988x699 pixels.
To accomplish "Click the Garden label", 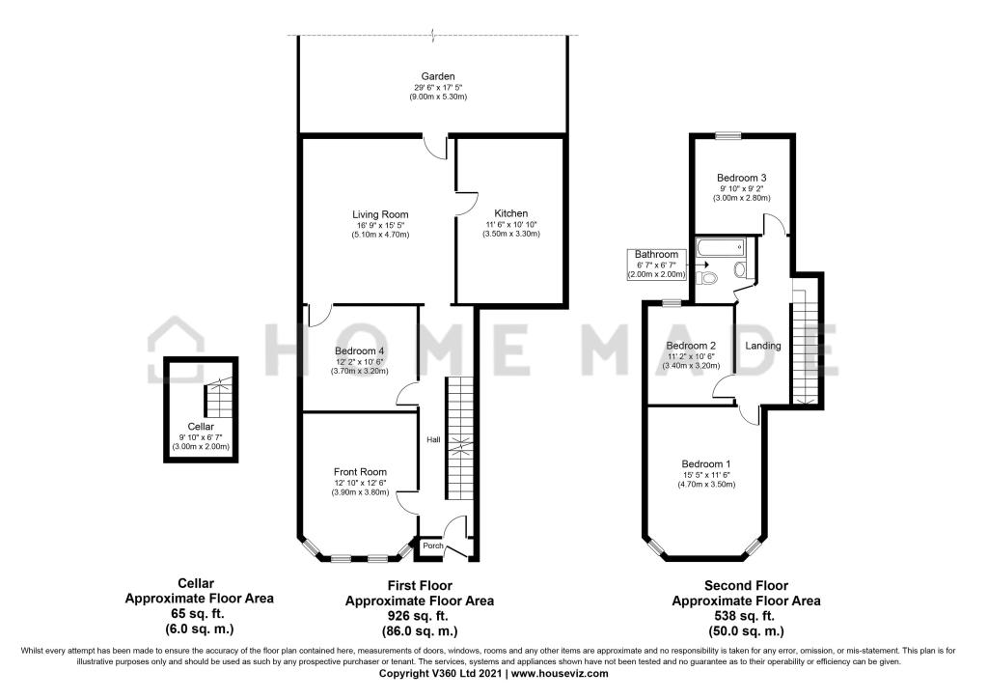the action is click(x=438, y=76).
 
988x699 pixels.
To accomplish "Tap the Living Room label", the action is click(x=380, y=214).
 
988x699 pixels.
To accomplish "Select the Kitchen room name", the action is click(x=511, y=213).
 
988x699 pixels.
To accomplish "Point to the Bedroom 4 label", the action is click(x=360, y=351).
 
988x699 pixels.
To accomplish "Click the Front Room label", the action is click(x=361, y=471).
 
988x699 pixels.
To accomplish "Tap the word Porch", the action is click(x=433, y=545).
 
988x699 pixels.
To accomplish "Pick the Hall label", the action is click(x=433, y=440).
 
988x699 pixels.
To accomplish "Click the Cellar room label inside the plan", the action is click(x=201, y=427).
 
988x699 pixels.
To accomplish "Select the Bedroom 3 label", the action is click(x=742, y=178).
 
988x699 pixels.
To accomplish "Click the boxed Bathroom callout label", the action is click(x=656, y=265).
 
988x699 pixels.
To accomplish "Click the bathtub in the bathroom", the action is click(x=720, y=246).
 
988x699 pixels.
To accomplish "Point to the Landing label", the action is click(x=763, y=346).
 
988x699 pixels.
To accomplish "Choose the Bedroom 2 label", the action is click(x=691, y=346).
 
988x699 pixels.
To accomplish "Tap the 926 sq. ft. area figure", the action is click(x=419, y=616).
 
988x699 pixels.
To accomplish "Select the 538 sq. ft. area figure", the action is click(x=746, y=616).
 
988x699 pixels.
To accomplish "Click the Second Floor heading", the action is click(x=746, y=585).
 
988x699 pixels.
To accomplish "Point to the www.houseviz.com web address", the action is click(x=560, y=674).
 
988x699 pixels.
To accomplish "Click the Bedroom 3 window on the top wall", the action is click(x=727, y=134).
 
